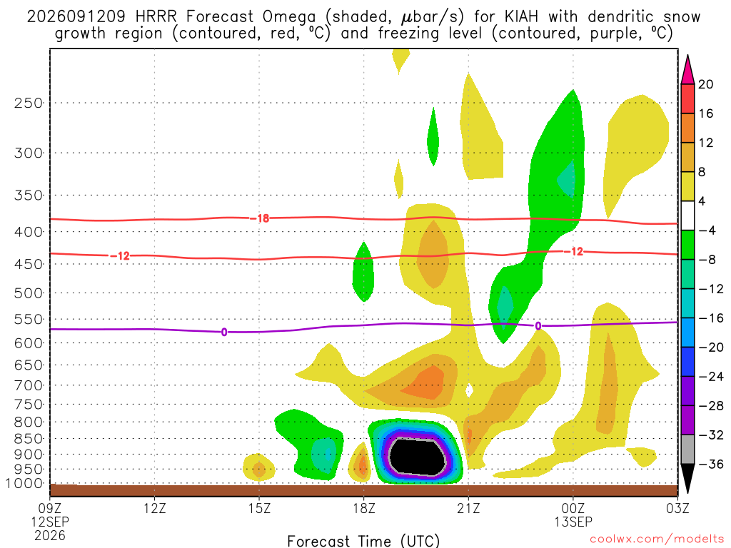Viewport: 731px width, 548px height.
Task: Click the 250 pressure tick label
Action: coord(29,103)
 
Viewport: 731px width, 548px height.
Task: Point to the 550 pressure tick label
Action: coord(29,320)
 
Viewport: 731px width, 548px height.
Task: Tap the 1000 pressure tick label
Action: coord(24,484)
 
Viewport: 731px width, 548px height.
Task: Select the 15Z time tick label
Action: coord(259,508)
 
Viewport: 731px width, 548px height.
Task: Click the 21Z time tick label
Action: coord(468,508)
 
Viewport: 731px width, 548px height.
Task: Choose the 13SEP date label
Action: coord(573,522)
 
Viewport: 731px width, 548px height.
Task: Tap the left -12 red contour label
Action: coord(120,256)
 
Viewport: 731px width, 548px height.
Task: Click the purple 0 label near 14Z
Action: coord(224,333)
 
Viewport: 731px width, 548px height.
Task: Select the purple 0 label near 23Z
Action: coord(538,326)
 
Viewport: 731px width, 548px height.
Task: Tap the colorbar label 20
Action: coord(705,84)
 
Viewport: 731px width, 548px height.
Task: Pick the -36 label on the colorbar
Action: coord(710,464)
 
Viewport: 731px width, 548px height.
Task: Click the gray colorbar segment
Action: coord(687,450)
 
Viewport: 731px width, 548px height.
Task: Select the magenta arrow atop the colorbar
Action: coord(687,70)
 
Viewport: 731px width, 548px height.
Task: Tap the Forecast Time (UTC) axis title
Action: coord(363,541)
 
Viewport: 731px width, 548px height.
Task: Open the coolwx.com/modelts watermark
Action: coord(657,539)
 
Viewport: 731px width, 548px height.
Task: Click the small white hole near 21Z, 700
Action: coord(470,390)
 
